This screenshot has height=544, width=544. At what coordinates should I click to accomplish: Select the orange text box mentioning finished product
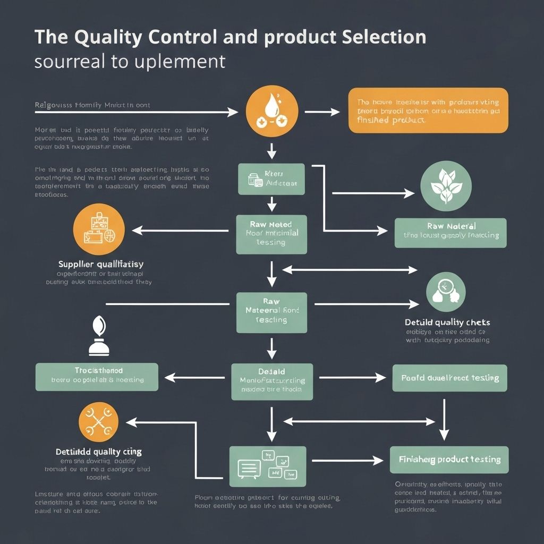(428, 110)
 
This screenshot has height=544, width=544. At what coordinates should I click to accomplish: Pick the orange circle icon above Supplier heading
(99, 229)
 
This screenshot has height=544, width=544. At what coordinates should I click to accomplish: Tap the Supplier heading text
(101, 263)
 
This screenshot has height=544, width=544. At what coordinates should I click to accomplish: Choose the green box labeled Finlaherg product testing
(449, 460)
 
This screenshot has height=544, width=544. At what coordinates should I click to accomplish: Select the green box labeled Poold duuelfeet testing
(449, 378)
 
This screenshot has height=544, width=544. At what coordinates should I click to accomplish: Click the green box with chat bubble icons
(268, 466)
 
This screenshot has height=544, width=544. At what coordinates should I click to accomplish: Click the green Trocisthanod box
(97, 377)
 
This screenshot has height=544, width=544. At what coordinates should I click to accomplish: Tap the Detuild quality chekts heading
(447, 322)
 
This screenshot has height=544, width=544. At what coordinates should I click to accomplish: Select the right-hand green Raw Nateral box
(450, 232)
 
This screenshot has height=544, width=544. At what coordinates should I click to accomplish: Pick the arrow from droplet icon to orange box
(322, 112)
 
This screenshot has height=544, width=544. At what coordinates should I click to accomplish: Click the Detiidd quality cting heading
(99, 452)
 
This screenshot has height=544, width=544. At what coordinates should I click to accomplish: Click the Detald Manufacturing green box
(272, 381)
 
